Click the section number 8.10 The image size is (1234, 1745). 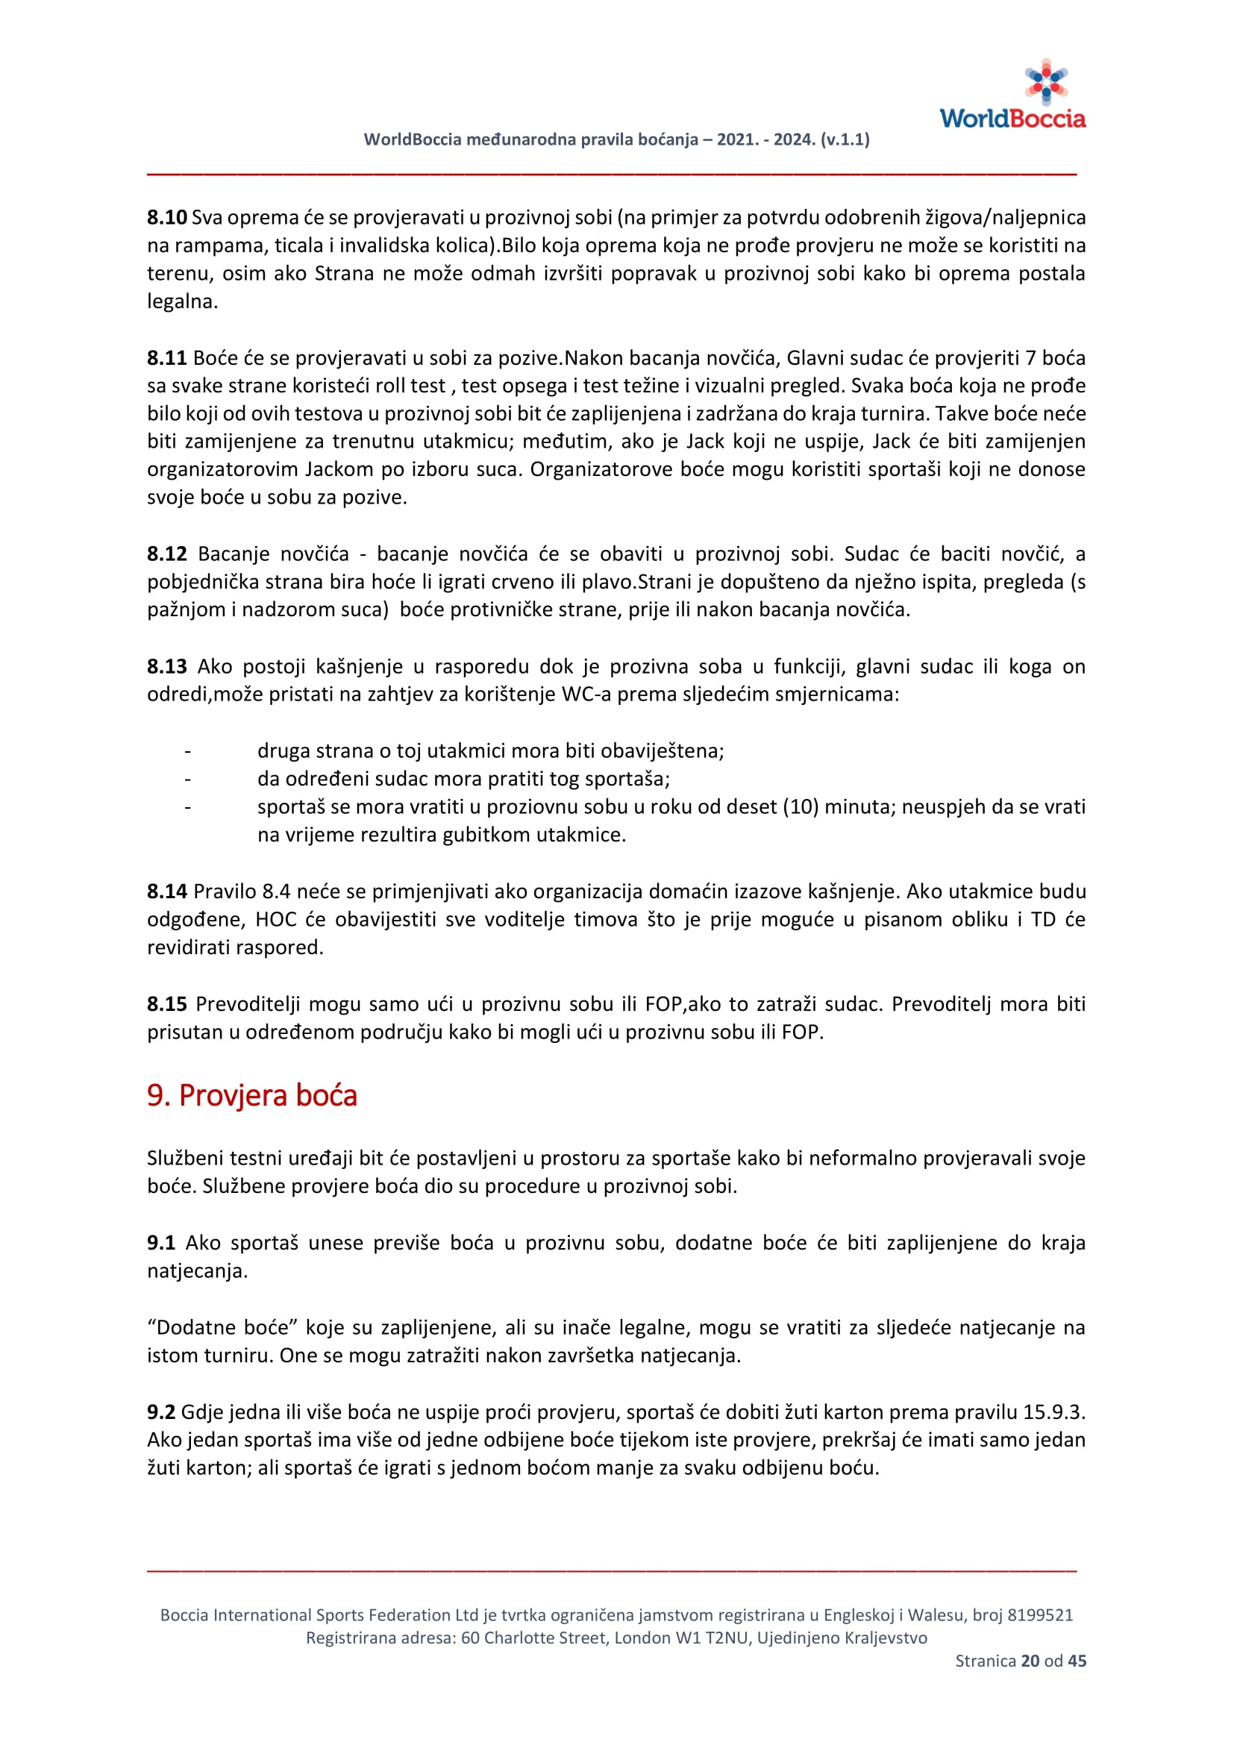(166, 218)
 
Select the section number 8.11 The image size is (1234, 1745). (166, 358)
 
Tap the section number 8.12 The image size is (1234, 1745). (166, 554)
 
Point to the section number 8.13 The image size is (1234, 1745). (166, 666)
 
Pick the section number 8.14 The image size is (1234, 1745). (166, 892)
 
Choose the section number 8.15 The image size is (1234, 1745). (166, 1004)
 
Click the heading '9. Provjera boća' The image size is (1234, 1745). (251, 1095)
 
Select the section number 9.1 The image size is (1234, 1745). (161, 1243)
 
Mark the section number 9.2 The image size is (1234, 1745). (161, 1412)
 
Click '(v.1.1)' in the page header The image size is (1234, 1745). (845, 140)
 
